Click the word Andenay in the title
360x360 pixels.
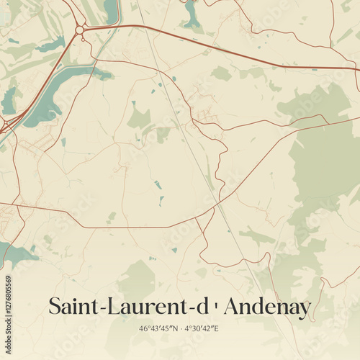267,307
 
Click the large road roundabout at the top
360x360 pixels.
79,30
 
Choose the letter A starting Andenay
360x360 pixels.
233,307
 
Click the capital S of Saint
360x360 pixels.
55,307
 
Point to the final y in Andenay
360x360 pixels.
305,310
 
